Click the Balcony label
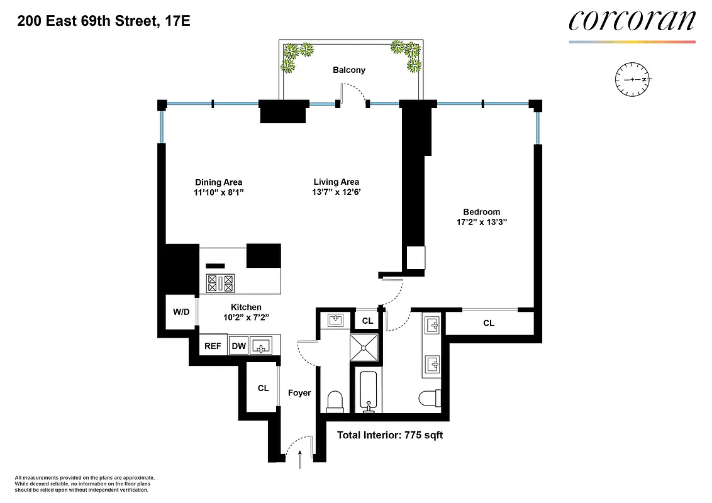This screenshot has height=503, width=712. pyautogui.click(x=349, y=70)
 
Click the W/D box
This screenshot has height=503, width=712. pyautogui.click(x=181, y=312)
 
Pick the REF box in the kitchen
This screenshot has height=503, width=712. pyautogui.click(x=213, y=345)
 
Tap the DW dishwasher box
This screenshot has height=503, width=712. pyautogui.click(x=238, y=345)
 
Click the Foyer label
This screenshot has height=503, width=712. pyautogui.click(x=299, y=393)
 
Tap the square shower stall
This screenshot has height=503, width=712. pyautogui.click(x=366, y=346)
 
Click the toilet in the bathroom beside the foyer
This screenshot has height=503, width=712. pyautogui.click(x=335, y=401)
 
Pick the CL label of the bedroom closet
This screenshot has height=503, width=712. pyautogui.click(x=489, y=323)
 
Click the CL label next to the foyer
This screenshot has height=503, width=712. pyautogui.click(x=263, y=388)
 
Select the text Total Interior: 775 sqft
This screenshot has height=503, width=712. pyautogui.click(x=390, y=435)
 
